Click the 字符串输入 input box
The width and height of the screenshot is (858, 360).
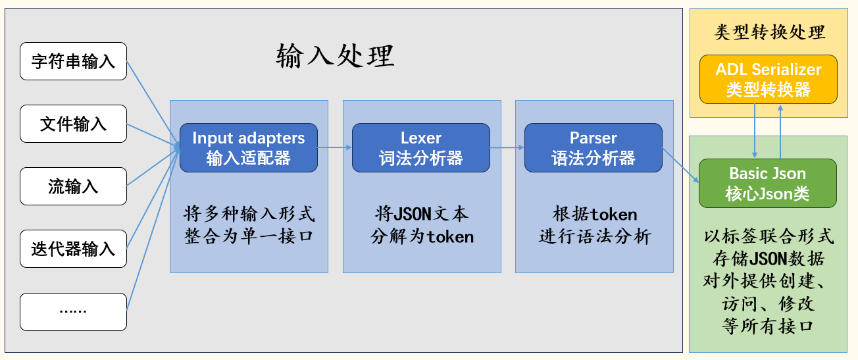click(x=73, y=61)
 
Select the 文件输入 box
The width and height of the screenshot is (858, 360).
click(x=73, y=124)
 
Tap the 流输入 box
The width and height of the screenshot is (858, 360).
click(x=73, y=186)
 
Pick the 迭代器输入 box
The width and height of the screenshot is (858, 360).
click(x=73, y=249)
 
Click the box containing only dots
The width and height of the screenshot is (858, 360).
click(x=73, y=311)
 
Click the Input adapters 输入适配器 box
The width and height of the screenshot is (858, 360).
click(x=249, y=148)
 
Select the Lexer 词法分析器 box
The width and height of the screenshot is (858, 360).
click(x=421, y=148)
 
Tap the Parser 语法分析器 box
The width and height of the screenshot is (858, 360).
click(x=593, y=148)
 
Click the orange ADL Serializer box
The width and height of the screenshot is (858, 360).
click(x=769, y=80)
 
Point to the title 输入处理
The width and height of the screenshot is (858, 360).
click(x=335, y=57)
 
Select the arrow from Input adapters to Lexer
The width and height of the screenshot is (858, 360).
click(x=335, y=147)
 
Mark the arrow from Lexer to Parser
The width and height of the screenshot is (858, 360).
click(x=507, y=147)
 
